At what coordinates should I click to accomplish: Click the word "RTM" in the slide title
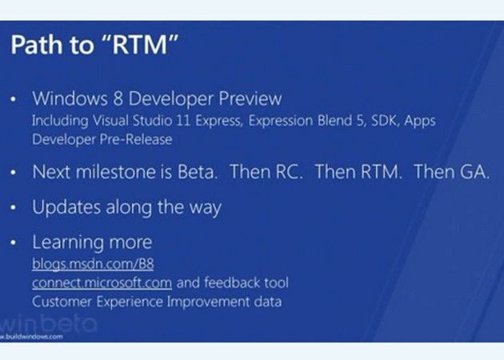pos(140,44)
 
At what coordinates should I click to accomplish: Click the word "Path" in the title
pos(37,44)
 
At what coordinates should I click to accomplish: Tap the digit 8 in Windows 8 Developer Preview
pos(118,98)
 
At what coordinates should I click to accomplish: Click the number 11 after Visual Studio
pos(183,121)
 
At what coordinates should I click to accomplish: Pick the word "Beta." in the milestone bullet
pos(198,172)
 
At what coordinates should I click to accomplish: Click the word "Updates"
pos(66,207)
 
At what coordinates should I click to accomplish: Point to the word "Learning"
pos(68,242)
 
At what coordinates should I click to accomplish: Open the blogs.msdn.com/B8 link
pos(93,264)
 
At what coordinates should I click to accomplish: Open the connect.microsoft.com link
pos(102,283)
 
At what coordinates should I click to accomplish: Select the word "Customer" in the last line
pos(62,302)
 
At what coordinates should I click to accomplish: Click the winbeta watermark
pos(48,323)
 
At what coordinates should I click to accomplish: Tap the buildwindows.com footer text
pos(31,337)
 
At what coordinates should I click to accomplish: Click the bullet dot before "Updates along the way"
pos(13,208)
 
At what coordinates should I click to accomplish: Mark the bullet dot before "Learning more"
pos(13,243)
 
